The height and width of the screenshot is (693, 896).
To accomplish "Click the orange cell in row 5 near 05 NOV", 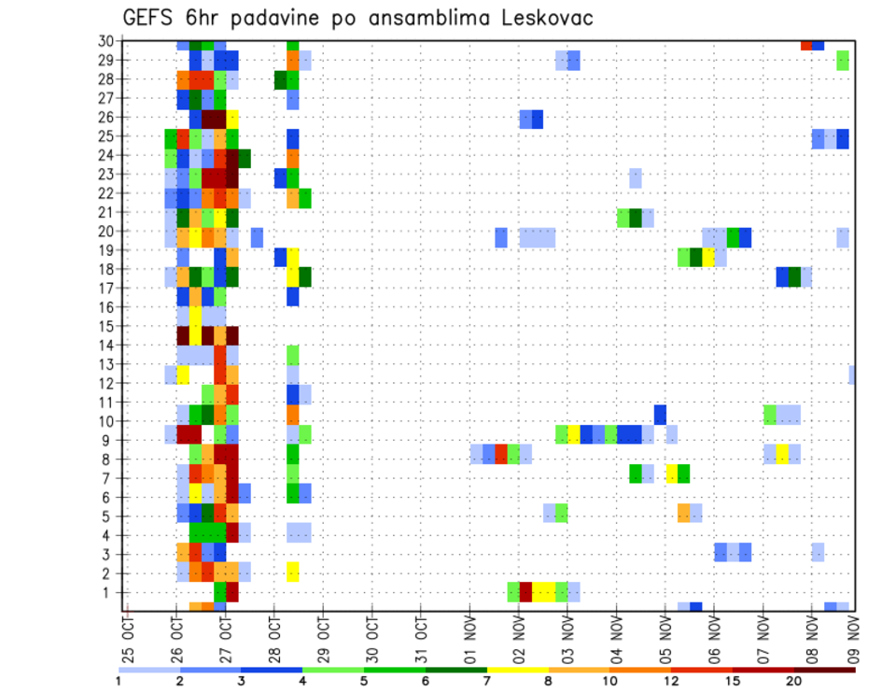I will (x=684, y=512).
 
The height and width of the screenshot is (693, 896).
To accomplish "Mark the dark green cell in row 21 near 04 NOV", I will (x=636, y=218).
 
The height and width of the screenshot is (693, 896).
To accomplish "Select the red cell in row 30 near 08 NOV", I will (x=806, y=44).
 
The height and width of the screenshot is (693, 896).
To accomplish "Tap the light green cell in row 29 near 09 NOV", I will (x=843, y=61).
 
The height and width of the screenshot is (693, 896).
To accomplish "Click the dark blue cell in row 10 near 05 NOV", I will (x=660, y=414).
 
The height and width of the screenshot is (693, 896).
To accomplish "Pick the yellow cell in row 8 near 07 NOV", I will (x=782, y=454).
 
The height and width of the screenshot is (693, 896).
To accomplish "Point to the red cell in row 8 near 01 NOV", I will (x=501, y=454).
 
